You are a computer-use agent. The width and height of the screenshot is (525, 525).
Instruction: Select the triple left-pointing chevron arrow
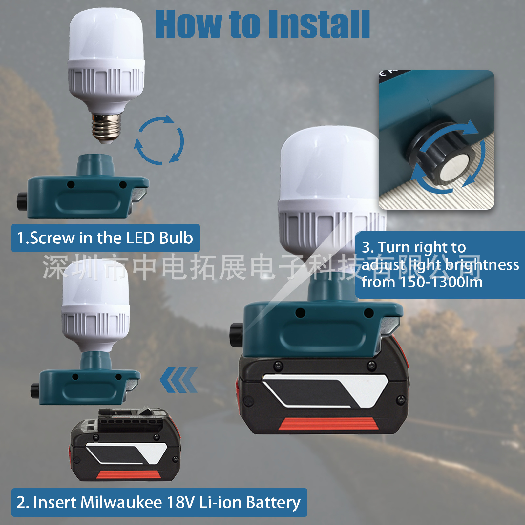178,380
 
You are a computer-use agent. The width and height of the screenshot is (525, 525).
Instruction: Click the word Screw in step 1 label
52,238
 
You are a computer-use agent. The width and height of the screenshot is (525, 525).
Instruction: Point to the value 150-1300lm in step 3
441,282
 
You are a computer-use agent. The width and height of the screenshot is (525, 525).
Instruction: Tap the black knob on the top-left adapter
22,201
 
